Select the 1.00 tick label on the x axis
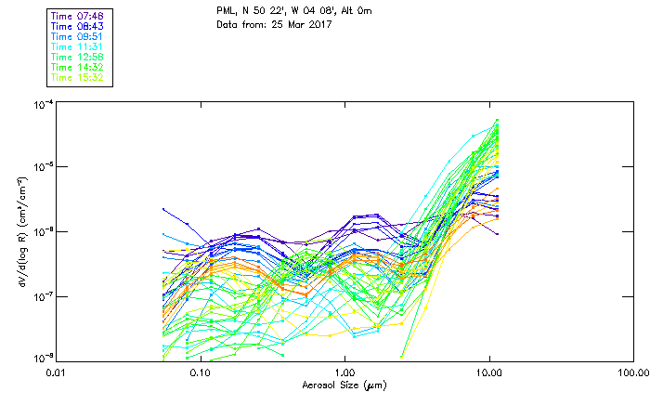point(345,372)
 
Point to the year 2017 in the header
point(317,23)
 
